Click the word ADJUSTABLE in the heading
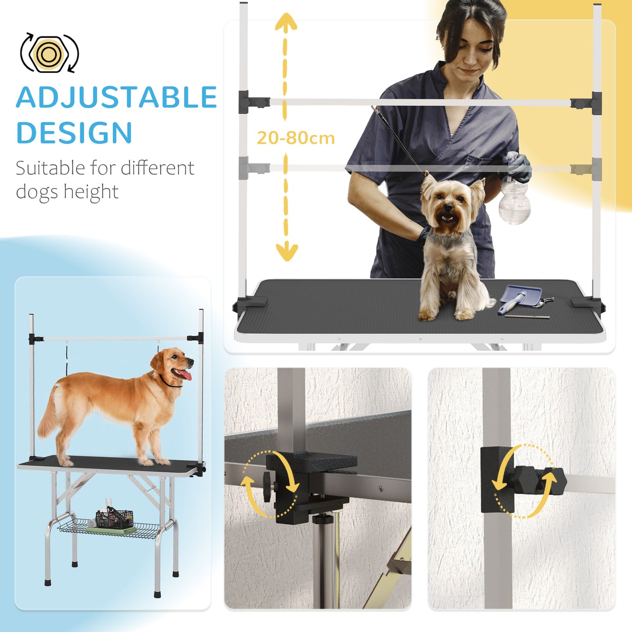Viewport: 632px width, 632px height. pyautogui.click(x=116, y=98)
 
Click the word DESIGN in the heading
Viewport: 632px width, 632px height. pyautogui.click(x=74, y=133)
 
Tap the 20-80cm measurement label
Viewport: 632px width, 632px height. pyautogui.click(x=296, y=138)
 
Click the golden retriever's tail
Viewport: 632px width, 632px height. pyautogui.click(x=47, y=416)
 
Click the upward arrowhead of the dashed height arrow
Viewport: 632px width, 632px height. pyautogui.click(x=286, y=22)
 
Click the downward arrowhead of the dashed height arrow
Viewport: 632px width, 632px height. pyautogui.click(x=286, y=252)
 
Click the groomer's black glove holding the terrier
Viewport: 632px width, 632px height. pyautogui.click(x=423, y=236)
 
